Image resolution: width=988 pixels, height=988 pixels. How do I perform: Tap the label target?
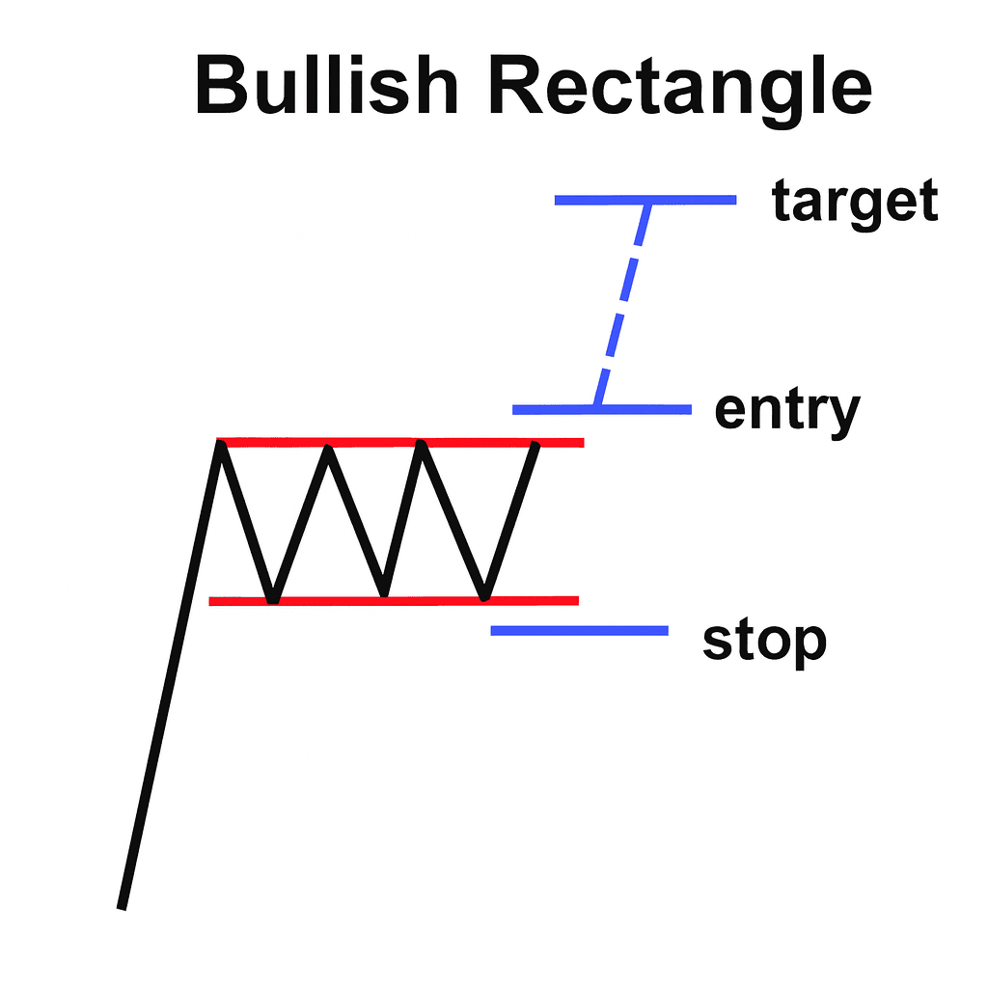click(855, 203)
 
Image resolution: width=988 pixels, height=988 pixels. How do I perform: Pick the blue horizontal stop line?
click(579, 631)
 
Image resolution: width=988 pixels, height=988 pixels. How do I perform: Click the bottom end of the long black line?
click(122, 905)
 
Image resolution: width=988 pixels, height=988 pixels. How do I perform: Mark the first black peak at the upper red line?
click(221, 444)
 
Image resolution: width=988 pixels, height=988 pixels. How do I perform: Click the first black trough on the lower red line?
click(273, 599)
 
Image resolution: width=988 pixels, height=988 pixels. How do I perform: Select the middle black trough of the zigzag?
click(384, 592)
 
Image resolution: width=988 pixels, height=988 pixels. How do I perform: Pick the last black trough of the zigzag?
click(485, 594)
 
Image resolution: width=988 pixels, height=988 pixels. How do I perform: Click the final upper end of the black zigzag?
click(535, 446)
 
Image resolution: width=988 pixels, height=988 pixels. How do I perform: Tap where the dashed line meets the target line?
click(646, 202)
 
